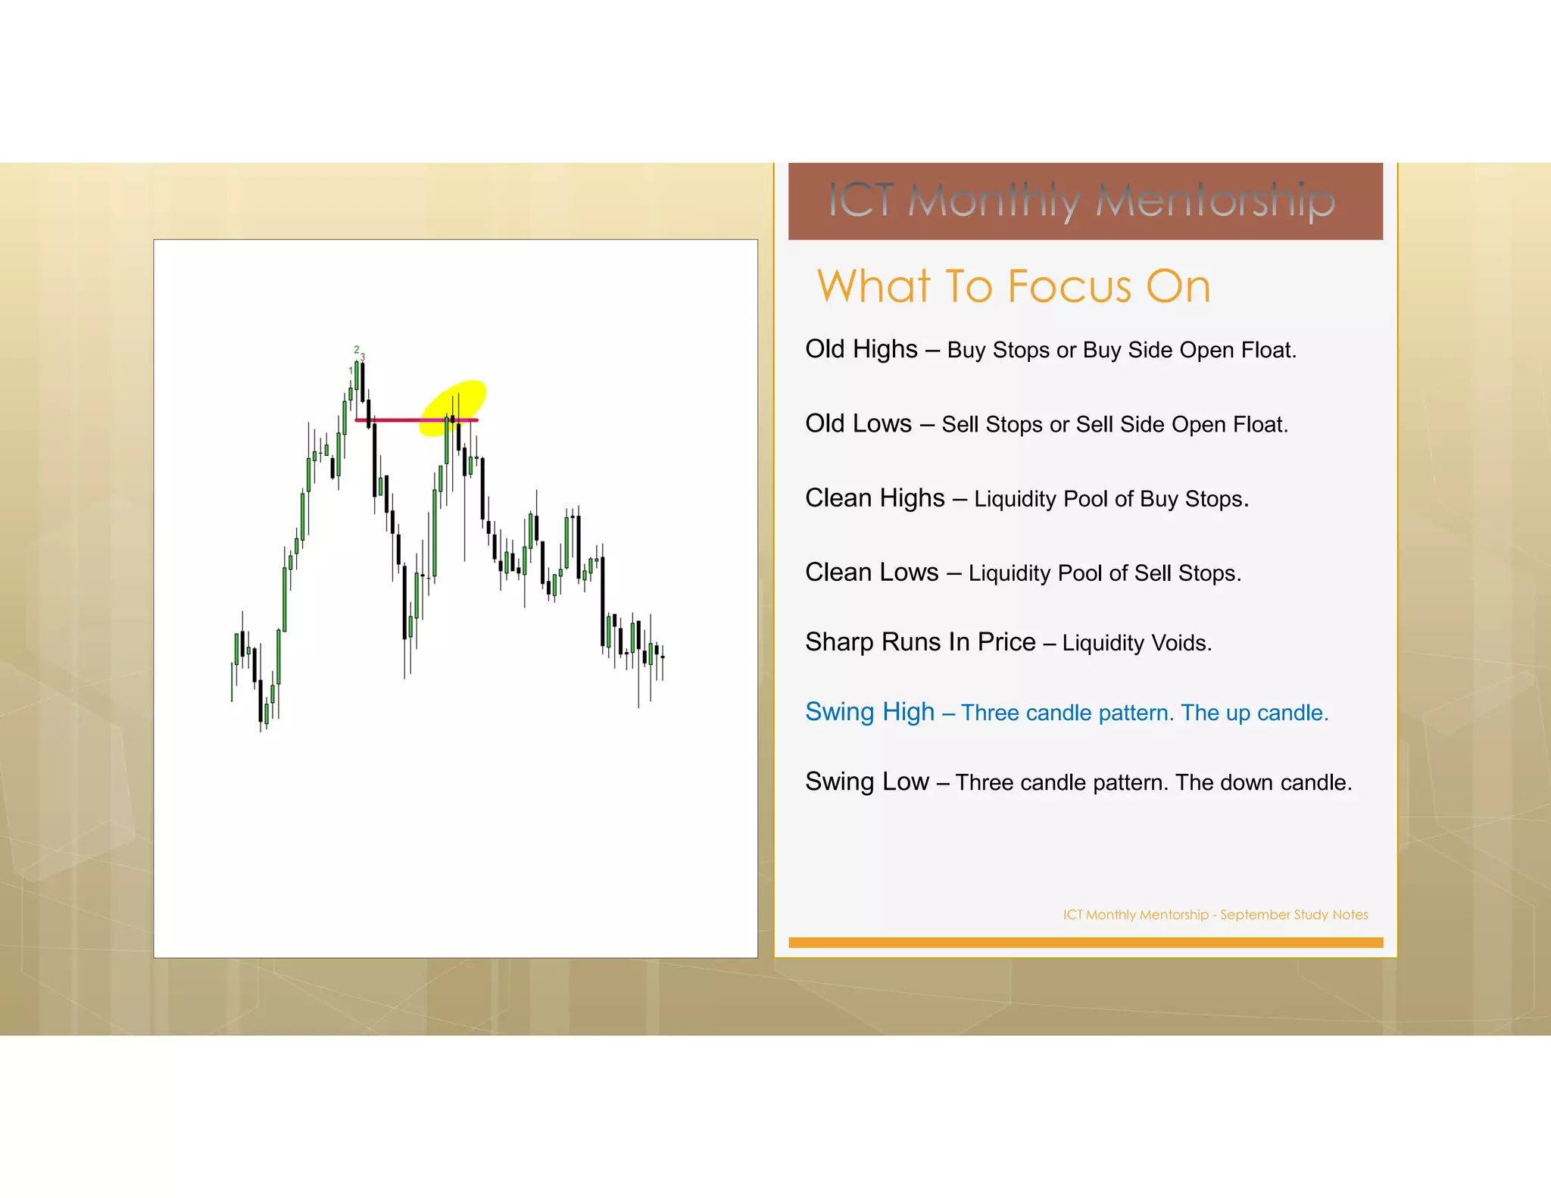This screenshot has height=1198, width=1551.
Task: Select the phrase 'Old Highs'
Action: coord(861,349)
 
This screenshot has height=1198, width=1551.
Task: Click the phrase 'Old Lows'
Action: coord(858,423)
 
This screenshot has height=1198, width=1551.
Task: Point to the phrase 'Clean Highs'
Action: coord(875,498)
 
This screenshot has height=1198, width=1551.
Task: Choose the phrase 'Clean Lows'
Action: coord(872,572)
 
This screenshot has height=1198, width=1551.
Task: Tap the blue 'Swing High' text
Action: coord(869,712)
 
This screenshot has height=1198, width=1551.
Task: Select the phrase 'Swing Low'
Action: coord(867,782)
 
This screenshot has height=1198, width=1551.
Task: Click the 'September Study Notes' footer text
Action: coord(1294,915)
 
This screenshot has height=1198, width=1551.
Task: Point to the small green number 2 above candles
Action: coord(357,350)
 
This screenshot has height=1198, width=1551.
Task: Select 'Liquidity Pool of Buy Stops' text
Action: coord(1110,499)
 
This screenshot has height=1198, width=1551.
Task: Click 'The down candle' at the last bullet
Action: coord(1263,782)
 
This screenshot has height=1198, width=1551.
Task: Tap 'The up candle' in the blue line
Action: coord(1253,713)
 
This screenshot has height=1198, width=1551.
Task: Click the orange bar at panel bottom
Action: coord(1085,943)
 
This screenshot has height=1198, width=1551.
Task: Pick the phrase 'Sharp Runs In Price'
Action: coord(920,642)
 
